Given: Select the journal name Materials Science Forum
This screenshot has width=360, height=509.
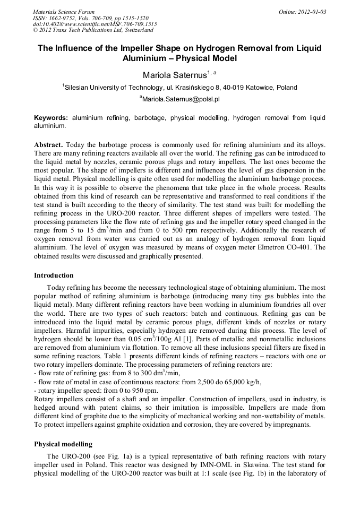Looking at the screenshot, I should [64, 11].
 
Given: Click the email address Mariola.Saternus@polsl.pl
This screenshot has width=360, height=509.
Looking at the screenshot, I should [181, 99].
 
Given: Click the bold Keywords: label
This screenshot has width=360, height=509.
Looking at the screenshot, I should [51, 117].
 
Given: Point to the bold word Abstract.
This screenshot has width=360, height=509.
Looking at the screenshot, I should [48, 144].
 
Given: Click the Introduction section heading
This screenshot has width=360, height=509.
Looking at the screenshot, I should [54, 275].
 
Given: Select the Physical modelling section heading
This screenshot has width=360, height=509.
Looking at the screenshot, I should [63, 444].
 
